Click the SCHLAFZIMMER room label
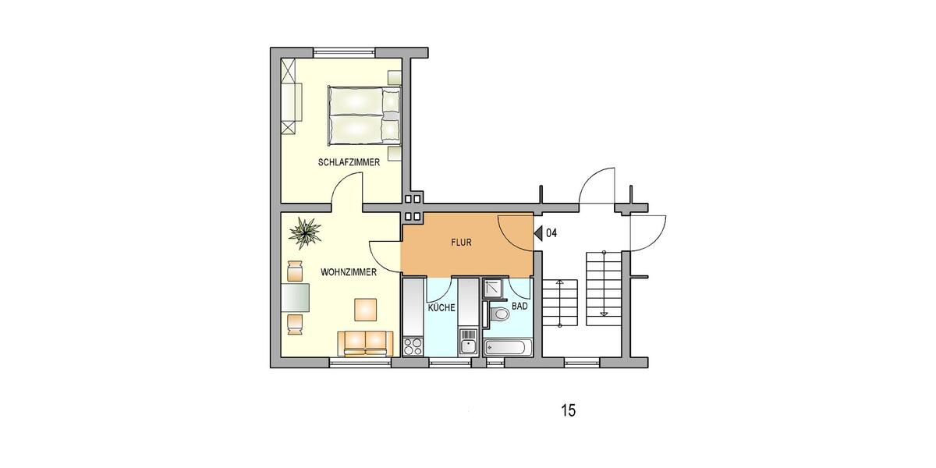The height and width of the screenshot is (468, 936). pos(349,163)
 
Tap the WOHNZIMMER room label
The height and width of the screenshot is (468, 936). pos(349,272)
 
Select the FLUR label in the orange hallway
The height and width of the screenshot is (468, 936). pos(461,243)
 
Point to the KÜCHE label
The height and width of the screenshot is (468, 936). pos(441,308)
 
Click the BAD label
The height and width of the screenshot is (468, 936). pos(520,307)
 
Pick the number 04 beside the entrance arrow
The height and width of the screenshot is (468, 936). pos(551,232)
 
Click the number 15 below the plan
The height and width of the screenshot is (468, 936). pos(568,410)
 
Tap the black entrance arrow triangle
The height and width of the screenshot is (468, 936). pos(538,232)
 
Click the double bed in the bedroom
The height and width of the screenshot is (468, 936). pos(363,116)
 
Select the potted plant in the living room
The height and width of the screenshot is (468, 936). pos(304,230)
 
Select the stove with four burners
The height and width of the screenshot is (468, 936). pos(413,345)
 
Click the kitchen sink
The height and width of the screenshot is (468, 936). pos(467,342)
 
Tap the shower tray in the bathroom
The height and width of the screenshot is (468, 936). pos(493,289)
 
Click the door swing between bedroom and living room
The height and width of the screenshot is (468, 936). pos(349,191)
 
